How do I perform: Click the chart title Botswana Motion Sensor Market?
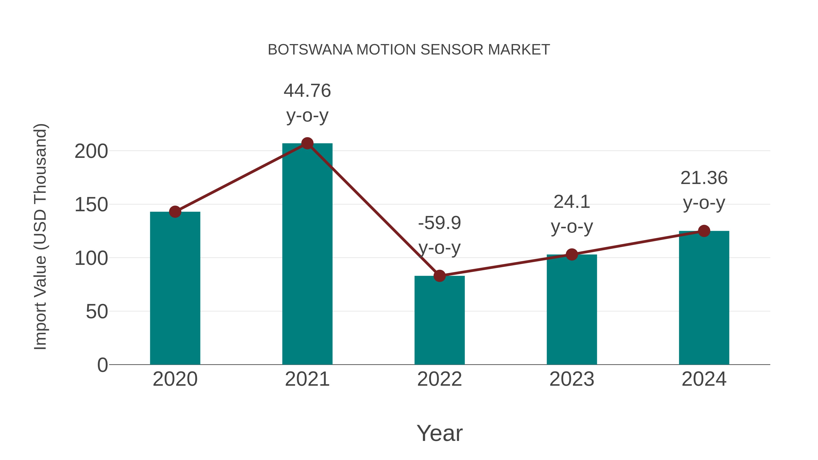[x=409, y=50]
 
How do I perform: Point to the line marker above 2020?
[x=175, y=211]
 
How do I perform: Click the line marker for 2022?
[x=439, y=276]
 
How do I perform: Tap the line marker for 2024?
[x=704, y=231]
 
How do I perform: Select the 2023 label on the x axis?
[x=572, y=379]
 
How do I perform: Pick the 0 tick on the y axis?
[x=102, y=365]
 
